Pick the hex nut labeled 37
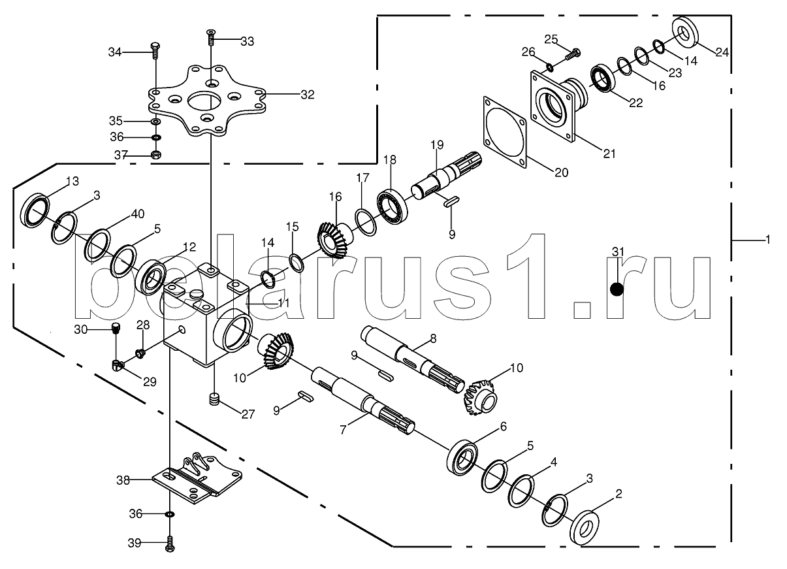coord(156,155)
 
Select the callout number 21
coord(609,154)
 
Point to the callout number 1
coord(767,240)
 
